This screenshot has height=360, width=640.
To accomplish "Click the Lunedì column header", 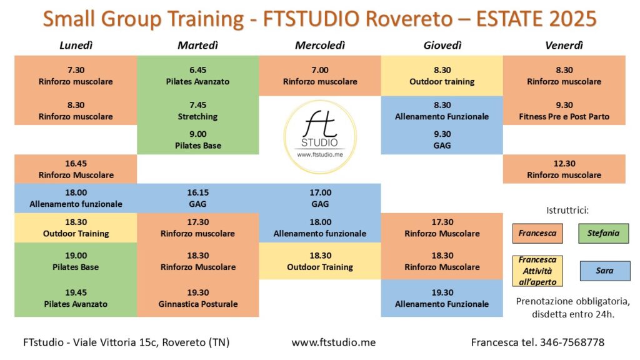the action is pos(76,45).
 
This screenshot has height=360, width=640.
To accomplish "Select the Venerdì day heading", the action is pos(564,45).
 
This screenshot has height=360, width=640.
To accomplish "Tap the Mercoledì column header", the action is pos(320,45).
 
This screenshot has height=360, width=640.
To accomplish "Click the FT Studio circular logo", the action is pos(320,136).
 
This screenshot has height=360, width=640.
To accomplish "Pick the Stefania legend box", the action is pos(603,234).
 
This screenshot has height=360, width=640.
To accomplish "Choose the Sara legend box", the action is pos(605,271).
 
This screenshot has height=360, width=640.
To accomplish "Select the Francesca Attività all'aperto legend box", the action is pos(537,271).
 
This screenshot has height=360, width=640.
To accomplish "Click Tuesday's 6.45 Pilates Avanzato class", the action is pos(197,76).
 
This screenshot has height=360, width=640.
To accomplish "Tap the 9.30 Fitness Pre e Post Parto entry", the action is pos(564,111).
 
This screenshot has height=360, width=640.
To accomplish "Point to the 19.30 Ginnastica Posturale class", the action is pos(198,298).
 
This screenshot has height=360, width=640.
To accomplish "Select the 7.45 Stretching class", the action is pos(197,111).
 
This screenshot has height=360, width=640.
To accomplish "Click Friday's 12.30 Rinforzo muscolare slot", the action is pos(564,169).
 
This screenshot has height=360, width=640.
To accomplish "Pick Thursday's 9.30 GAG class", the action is pos(442,140).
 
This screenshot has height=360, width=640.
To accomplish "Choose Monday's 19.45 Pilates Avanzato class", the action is pos(76,298).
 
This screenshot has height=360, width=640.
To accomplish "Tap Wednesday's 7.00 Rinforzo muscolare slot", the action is pos(320,76).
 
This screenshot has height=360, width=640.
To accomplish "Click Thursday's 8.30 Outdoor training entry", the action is pos(442,76).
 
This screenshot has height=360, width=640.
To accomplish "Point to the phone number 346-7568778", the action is pos(572,342).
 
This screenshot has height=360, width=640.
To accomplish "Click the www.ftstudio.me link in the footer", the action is pos(334,342).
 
